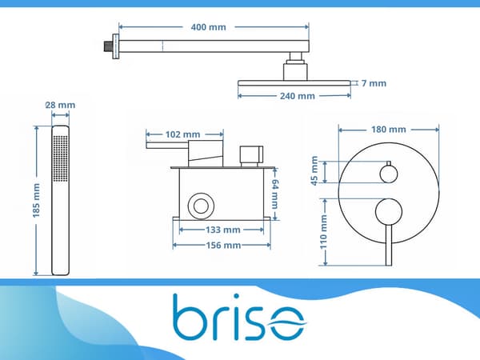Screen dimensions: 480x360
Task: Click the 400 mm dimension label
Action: pyautogui.click(x=209, y=27)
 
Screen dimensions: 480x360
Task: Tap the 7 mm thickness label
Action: pyautogui.click(x=374, y=83)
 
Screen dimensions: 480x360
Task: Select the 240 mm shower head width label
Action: pyautogui.click(x=298, y=96)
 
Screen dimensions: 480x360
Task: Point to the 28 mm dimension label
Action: pyautogui.click(x=60, y=105)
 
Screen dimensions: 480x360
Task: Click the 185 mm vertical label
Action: pyautogui.click(x=37, y=201)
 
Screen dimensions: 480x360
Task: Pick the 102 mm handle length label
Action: pyautogui.click(x=182, y=134)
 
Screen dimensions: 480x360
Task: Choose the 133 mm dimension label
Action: pyautogui.click(x=223, y=230)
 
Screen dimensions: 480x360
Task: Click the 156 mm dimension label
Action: pyautogui.click(x=223, y=246)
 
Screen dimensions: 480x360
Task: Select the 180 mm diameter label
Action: pyautogui.click(x=389, y=130)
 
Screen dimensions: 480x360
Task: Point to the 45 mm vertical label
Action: pyautogui.click(x=314, y=171)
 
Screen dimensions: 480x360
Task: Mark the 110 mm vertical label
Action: pyautogui.click(x=323, y=232)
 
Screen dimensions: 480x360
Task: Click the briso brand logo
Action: pyautogui.click(x=240, y=317)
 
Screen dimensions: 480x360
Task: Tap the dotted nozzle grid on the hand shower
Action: pyautogui.click(x=60, y=158)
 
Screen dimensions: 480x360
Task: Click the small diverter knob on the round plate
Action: pyautogui.click(x=389, y=174)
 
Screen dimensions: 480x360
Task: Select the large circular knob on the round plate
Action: pyautogui.click(x=389, y=211)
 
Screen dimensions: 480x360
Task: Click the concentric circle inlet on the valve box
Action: pyautogui.click(x=201, y=206)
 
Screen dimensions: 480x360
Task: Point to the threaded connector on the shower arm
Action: pyautogui.click(x=107, y=46)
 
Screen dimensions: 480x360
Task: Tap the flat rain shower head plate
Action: pyautogui.click(x=294, y=83)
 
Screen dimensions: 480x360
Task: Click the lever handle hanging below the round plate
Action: pyautogui.click(x=389, y=246)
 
